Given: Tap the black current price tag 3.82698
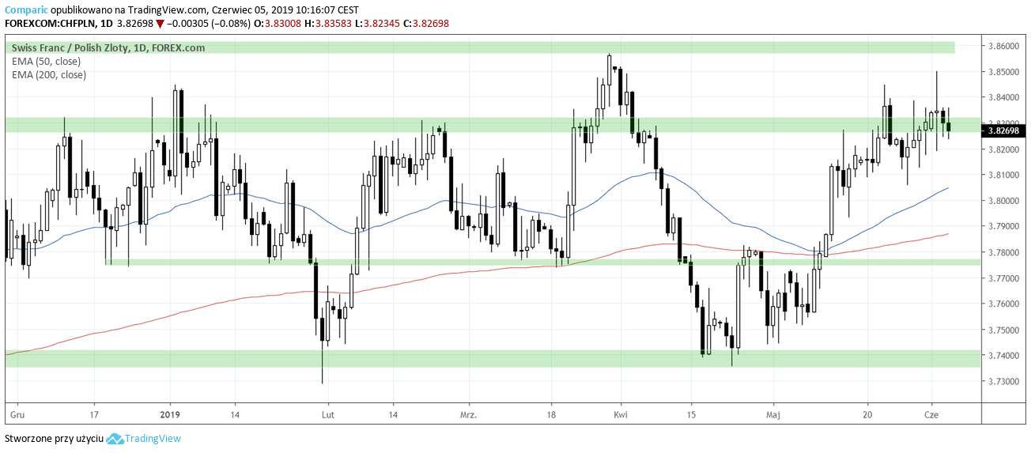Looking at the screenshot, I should (1003, 130).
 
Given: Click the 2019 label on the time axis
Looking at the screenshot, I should (171, 413).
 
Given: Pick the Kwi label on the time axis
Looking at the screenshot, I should (621, 413).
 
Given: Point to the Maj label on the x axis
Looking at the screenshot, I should (773, 413).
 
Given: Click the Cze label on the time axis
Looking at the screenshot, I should (931, 413).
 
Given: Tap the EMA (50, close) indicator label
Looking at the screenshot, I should (46, 61).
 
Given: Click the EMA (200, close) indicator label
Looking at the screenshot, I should (49, 74).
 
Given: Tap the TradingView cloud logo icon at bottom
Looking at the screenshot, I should (115, 439).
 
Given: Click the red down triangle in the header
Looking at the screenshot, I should (160, 24).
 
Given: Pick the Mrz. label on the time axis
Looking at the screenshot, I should (469, 413).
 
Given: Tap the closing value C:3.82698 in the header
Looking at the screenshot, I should (425, 24).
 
